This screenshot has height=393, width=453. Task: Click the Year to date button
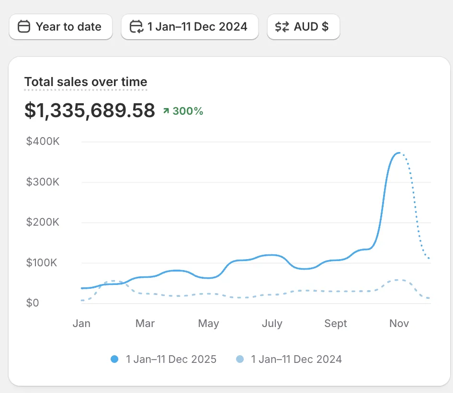click(x=60, y=27)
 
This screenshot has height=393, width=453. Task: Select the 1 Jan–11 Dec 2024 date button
click(x=190, y=27)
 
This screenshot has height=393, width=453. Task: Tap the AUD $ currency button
click(x=303, y=27)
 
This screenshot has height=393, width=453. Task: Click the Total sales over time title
click(x=86, y=82)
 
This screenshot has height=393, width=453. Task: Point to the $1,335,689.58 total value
click(x=90, y=110)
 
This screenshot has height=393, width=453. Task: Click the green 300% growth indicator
click(x=183, y=111)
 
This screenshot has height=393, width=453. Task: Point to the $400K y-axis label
click(x=42, y=142)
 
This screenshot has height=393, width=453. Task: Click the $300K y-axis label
click(x=42, y=182)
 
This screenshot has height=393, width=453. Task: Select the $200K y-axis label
click(x=42, y=222)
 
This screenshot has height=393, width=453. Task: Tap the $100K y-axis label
click(x=42, y=262)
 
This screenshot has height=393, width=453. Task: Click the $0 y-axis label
click(x=33, y=303)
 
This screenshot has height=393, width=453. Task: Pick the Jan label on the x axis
click(x=81, y=324)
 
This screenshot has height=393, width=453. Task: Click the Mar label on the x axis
click(x=145, y=324)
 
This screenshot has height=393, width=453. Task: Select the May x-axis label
click(x=208, y=324)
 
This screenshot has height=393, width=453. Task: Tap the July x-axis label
click(x=272, y=324)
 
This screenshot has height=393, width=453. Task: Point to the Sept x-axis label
click(x=336, y=324)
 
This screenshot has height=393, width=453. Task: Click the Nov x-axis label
click(x=399, y=324)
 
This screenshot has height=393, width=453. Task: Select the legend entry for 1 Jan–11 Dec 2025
click(x=164, y=359)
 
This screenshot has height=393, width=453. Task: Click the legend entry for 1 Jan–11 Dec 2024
click(x=289, y=359)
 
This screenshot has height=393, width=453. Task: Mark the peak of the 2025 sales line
click(x=398, y=153)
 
